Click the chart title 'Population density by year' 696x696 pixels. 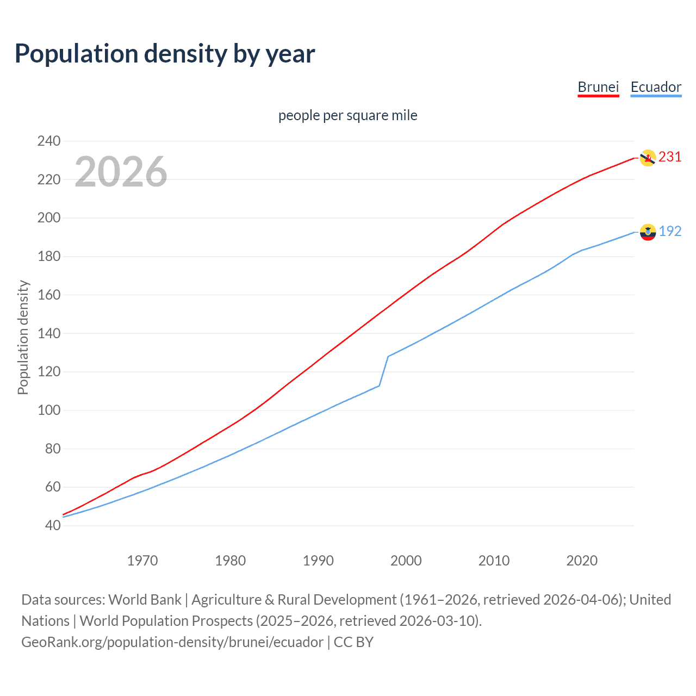coord(165,54)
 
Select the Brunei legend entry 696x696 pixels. coord(598,87)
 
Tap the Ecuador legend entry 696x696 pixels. coord(656,87)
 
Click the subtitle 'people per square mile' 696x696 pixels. coord(347,115)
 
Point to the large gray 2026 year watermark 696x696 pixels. coord(121,172)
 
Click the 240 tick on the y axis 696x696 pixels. coord(49,141)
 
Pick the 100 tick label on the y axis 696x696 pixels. coord(49,410)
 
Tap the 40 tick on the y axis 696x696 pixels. coord(53,525)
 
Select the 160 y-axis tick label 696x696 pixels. coord(49,295)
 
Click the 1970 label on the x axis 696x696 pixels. coord(142,561)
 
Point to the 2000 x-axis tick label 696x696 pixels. coord(406,561)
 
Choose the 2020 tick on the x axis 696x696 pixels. coord(582,561)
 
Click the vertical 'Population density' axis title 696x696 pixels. coord(23,337)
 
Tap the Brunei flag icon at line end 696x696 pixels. coord(647,158)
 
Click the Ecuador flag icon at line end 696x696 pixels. coord(647,232)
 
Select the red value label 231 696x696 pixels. coord(670,157)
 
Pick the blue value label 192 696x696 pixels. coord(670,232)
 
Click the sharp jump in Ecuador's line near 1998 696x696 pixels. coord(384,371)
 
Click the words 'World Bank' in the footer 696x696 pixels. coord(145,600)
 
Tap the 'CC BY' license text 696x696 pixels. coord(353,642)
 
